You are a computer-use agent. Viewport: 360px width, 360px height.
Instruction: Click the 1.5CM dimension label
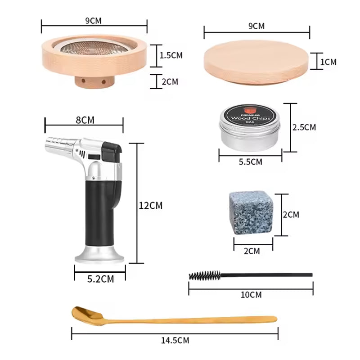[171, 55]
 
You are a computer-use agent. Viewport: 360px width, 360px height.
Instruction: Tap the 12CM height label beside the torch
[150, 205]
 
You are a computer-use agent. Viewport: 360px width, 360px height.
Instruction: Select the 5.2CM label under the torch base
[101, 279]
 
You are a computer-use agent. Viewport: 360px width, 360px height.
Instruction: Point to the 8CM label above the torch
[85, 120]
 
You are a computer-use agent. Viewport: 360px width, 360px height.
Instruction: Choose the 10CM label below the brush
[251, 295]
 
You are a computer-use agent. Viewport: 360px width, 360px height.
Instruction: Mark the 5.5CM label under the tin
[250, 162]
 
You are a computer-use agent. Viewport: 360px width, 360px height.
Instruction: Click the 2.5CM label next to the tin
[304, 127]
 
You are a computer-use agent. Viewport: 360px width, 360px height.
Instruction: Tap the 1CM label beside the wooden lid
[328, 62]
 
